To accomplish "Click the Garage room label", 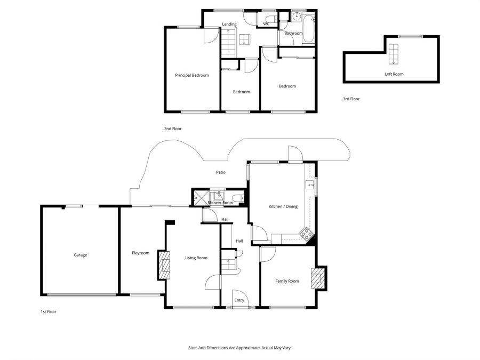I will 80,255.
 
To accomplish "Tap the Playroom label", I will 140,253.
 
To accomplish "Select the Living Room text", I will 196,258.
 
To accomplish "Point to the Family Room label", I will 287,281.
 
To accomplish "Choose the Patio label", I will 220,172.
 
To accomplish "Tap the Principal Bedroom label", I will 192,75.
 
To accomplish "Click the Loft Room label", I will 394,74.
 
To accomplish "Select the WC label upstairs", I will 266,24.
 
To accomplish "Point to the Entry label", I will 239,300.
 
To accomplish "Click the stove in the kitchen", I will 306,233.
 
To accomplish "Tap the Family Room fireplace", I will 317,278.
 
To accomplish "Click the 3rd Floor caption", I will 351,99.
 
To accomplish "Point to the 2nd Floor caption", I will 172,129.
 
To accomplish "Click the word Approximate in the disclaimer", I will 246,347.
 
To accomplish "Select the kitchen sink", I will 309,185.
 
